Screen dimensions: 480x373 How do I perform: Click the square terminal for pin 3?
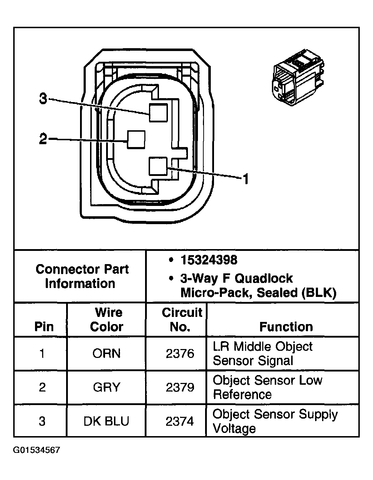point(158,113)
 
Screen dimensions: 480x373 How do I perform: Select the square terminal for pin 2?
point(136,140)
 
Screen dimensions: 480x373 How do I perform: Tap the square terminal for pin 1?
point(158,166)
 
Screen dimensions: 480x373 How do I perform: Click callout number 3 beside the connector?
point(43,98)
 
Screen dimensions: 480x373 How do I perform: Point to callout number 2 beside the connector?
point(43,139)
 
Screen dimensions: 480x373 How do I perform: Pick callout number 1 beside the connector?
point(245,179)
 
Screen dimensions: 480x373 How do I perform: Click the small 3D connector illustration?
point(297,78)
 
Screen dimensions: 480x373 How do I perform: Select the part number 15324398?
point(209,260)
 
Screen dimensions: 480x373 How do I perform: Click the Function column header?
point(286,327)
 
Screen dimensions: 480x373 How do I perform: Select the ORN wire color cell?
point(106,353)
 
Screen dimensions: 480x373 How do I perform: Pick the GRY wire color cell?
point(106,387)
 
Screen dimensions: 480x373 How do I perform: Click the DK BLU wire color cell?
point(106,421)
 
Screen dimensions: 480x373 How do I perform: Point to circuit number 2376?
point(180,353)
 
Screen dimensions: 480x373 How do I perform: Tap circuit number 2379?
point(180,387)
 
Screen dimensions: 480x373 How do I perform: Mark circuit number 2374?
point(180,421)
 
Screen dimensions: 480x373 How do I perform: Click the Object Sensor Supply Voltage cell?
point(275,421)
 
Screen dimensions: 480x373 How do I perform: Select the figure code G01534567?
point(37,450)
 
